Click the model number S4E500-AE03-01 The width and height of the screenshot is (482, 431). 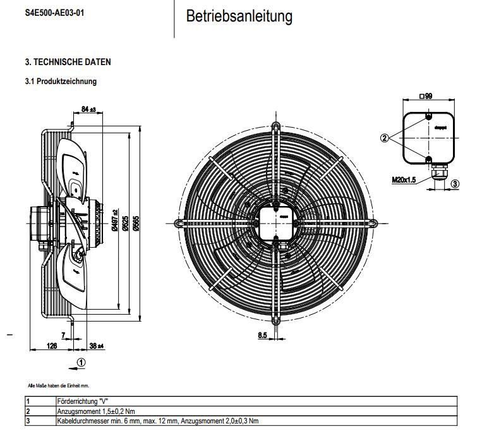click(x=53, y=12)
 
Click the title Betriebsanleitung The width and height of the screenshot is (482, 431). click(x=239, y=17)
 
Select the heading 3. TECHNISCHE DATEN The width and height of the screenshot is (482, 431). click(x=68, y=62)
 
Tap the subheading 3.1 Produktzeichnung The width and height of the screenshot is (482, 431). click(x=61, y=82)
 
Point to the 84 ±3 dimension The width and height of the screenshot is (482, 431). click(x=88, y=109)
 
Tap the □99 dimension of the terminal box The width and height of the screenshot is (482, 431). click(x=426, y=96)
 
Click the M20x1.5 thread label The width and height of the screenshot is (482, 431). click(x=404, y=179)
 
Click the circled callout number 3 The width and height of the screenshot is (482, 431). click(x=455, y=183)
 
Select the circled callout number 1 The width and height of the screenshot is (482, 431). click(x=80, y=362)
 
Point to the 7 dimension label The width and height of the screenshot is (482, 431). click(x=63, y=334)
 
